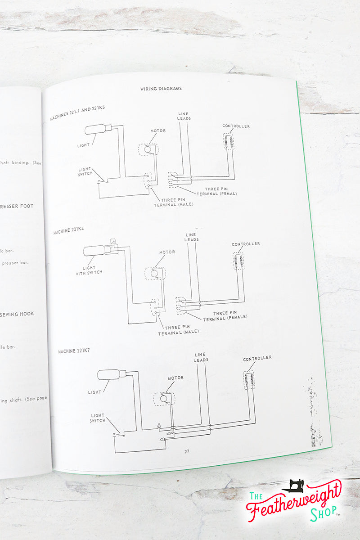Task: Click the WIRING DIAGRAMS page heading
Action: pos(161,89)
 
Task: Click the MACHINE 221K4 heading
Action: pos(72,230)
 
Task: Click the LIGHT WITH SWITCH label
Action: pos(89,270)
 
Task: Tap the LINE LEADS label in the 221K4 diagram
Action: pos(191,237)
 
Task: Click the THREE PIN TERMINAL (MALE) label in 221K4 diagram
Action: pos(179,330)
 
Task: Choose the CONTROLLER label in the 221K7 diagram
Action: pos(257,358)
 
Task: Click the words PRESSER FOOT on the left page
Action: pos(17,206)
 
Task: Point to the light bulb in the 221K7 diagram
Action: pos(109,374)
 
